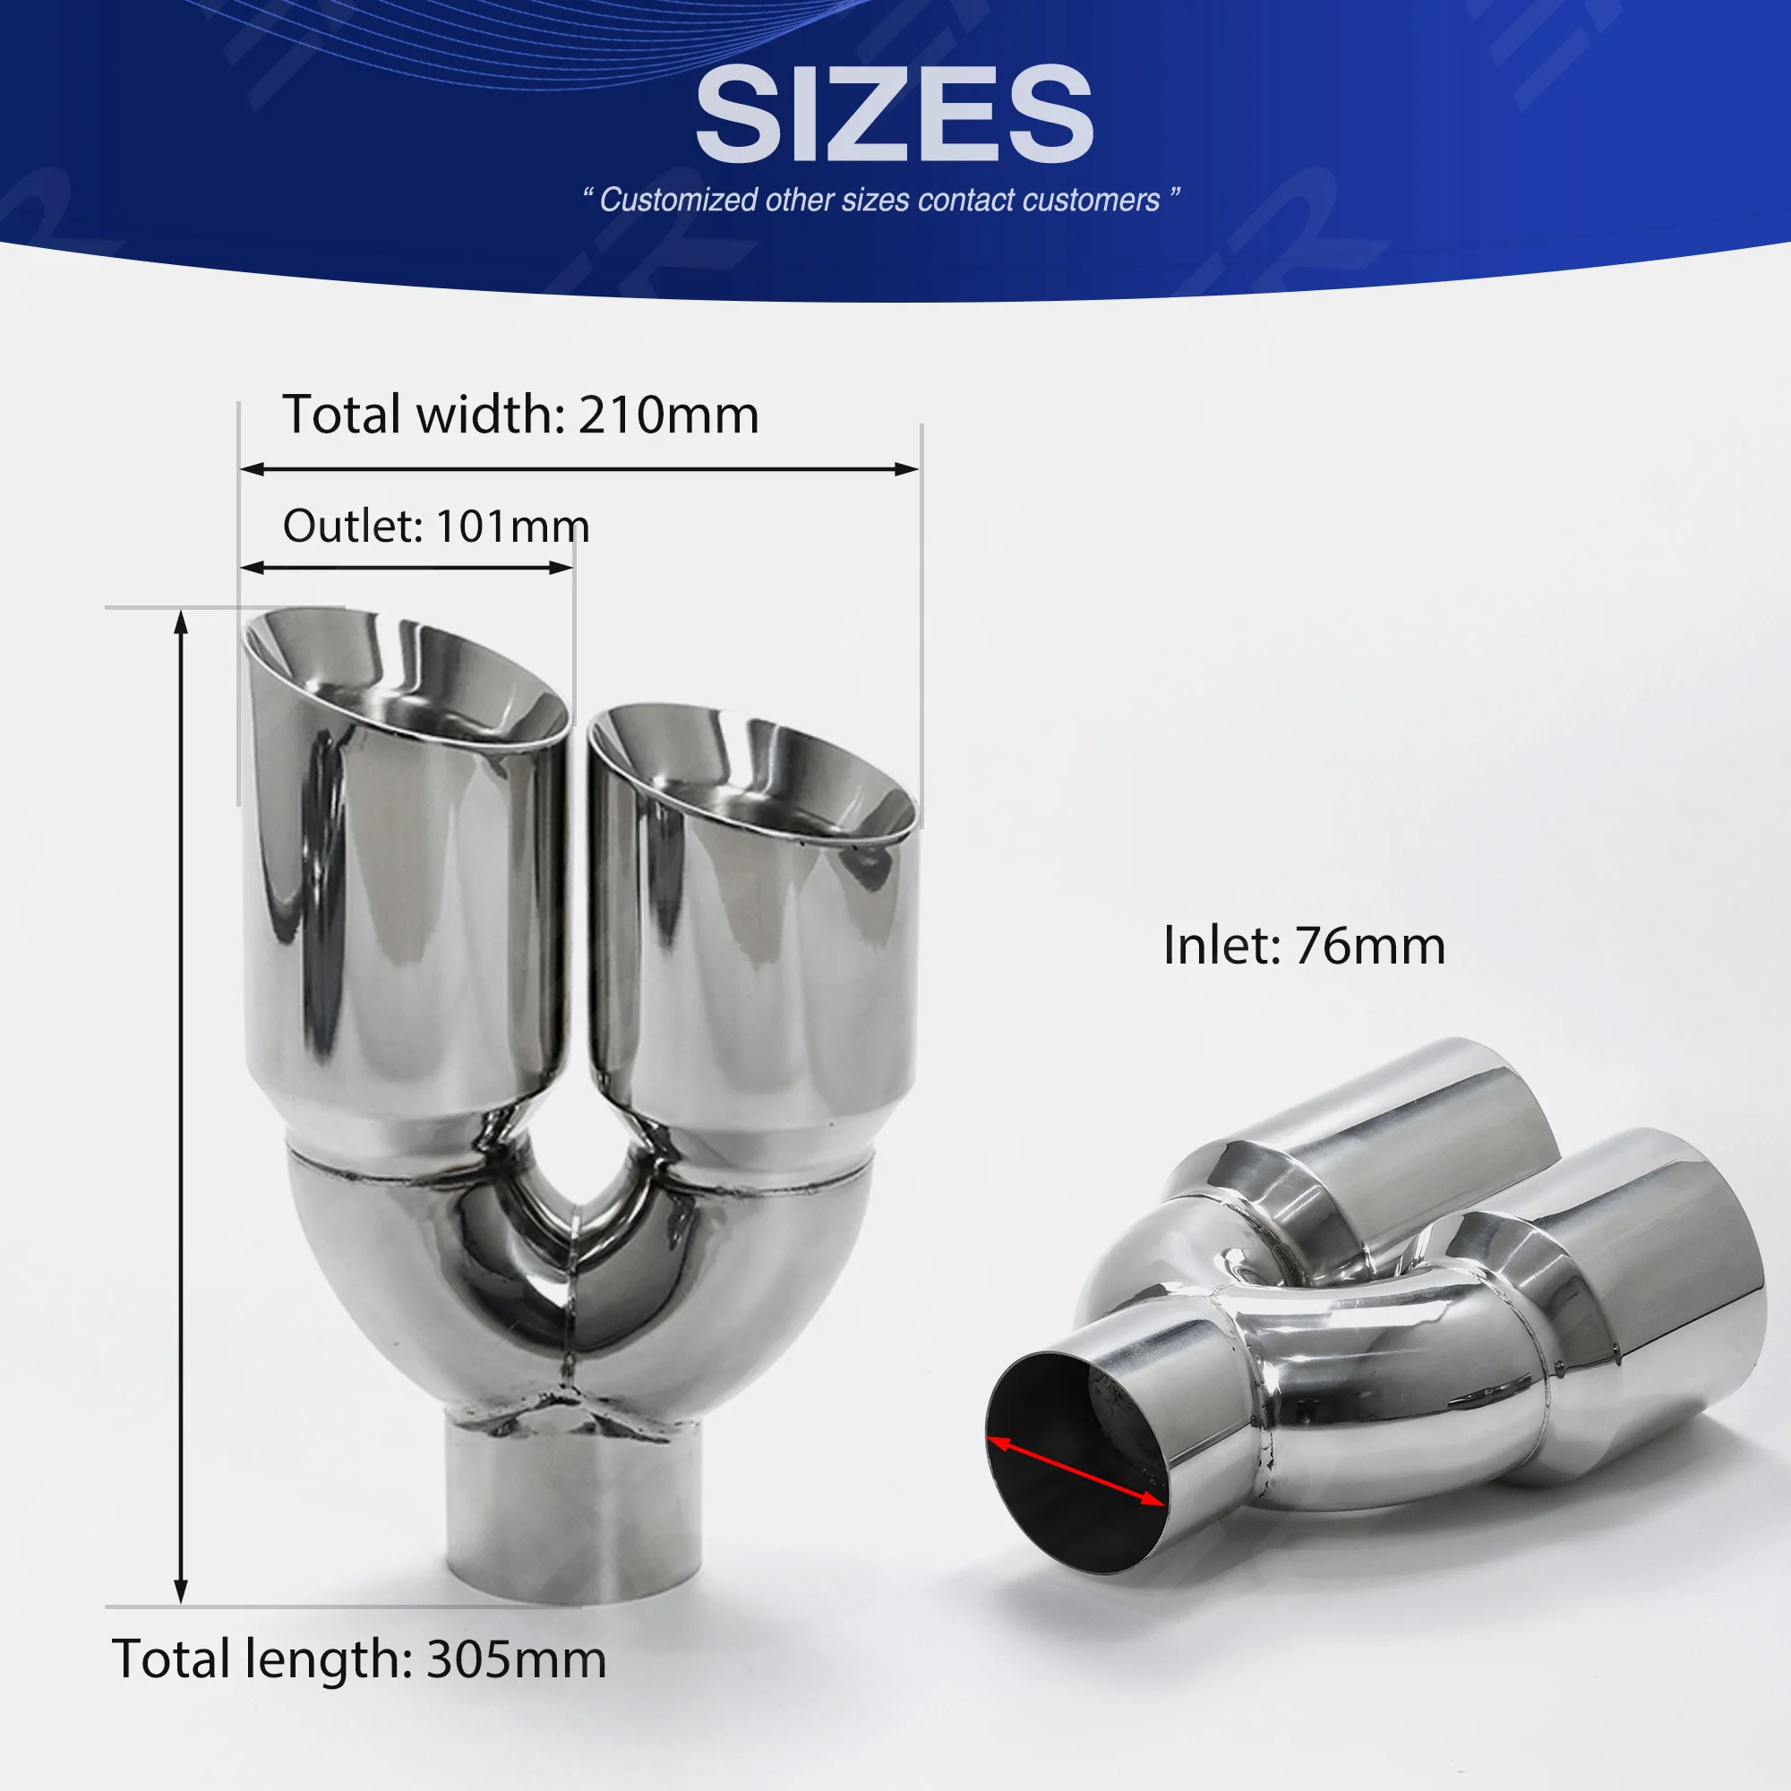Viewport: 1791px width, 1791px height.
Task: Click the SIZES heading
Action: [895, 114]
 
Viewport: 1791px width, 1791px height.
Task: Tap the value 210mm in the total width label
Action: [668, 415]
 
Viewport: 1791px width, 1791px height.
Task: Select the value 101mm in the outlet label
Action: [511, 527]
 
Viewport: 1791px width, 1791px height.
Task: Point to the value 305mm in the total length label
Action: [516, 1658]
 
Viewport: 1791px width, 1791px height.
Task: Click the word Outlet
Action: [353, 527]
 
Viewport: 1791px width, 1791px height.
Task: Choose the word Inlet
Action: [1221, 946]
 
